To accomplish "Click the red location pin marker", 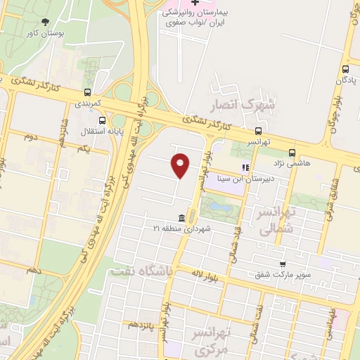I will pos(180,165).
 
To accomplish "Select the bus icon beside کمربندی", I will pos(87,92).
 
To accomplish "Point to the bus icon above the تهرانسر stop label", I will pos(259,131).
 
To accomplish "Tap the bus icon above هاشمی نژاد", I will pos(292,152).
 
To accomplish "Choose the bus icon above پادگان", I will pos(345,70).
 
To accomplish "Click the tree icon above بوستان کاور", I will pos(46,22).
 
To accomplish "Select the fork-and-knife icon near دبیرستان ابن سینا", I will pos(245,167).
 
